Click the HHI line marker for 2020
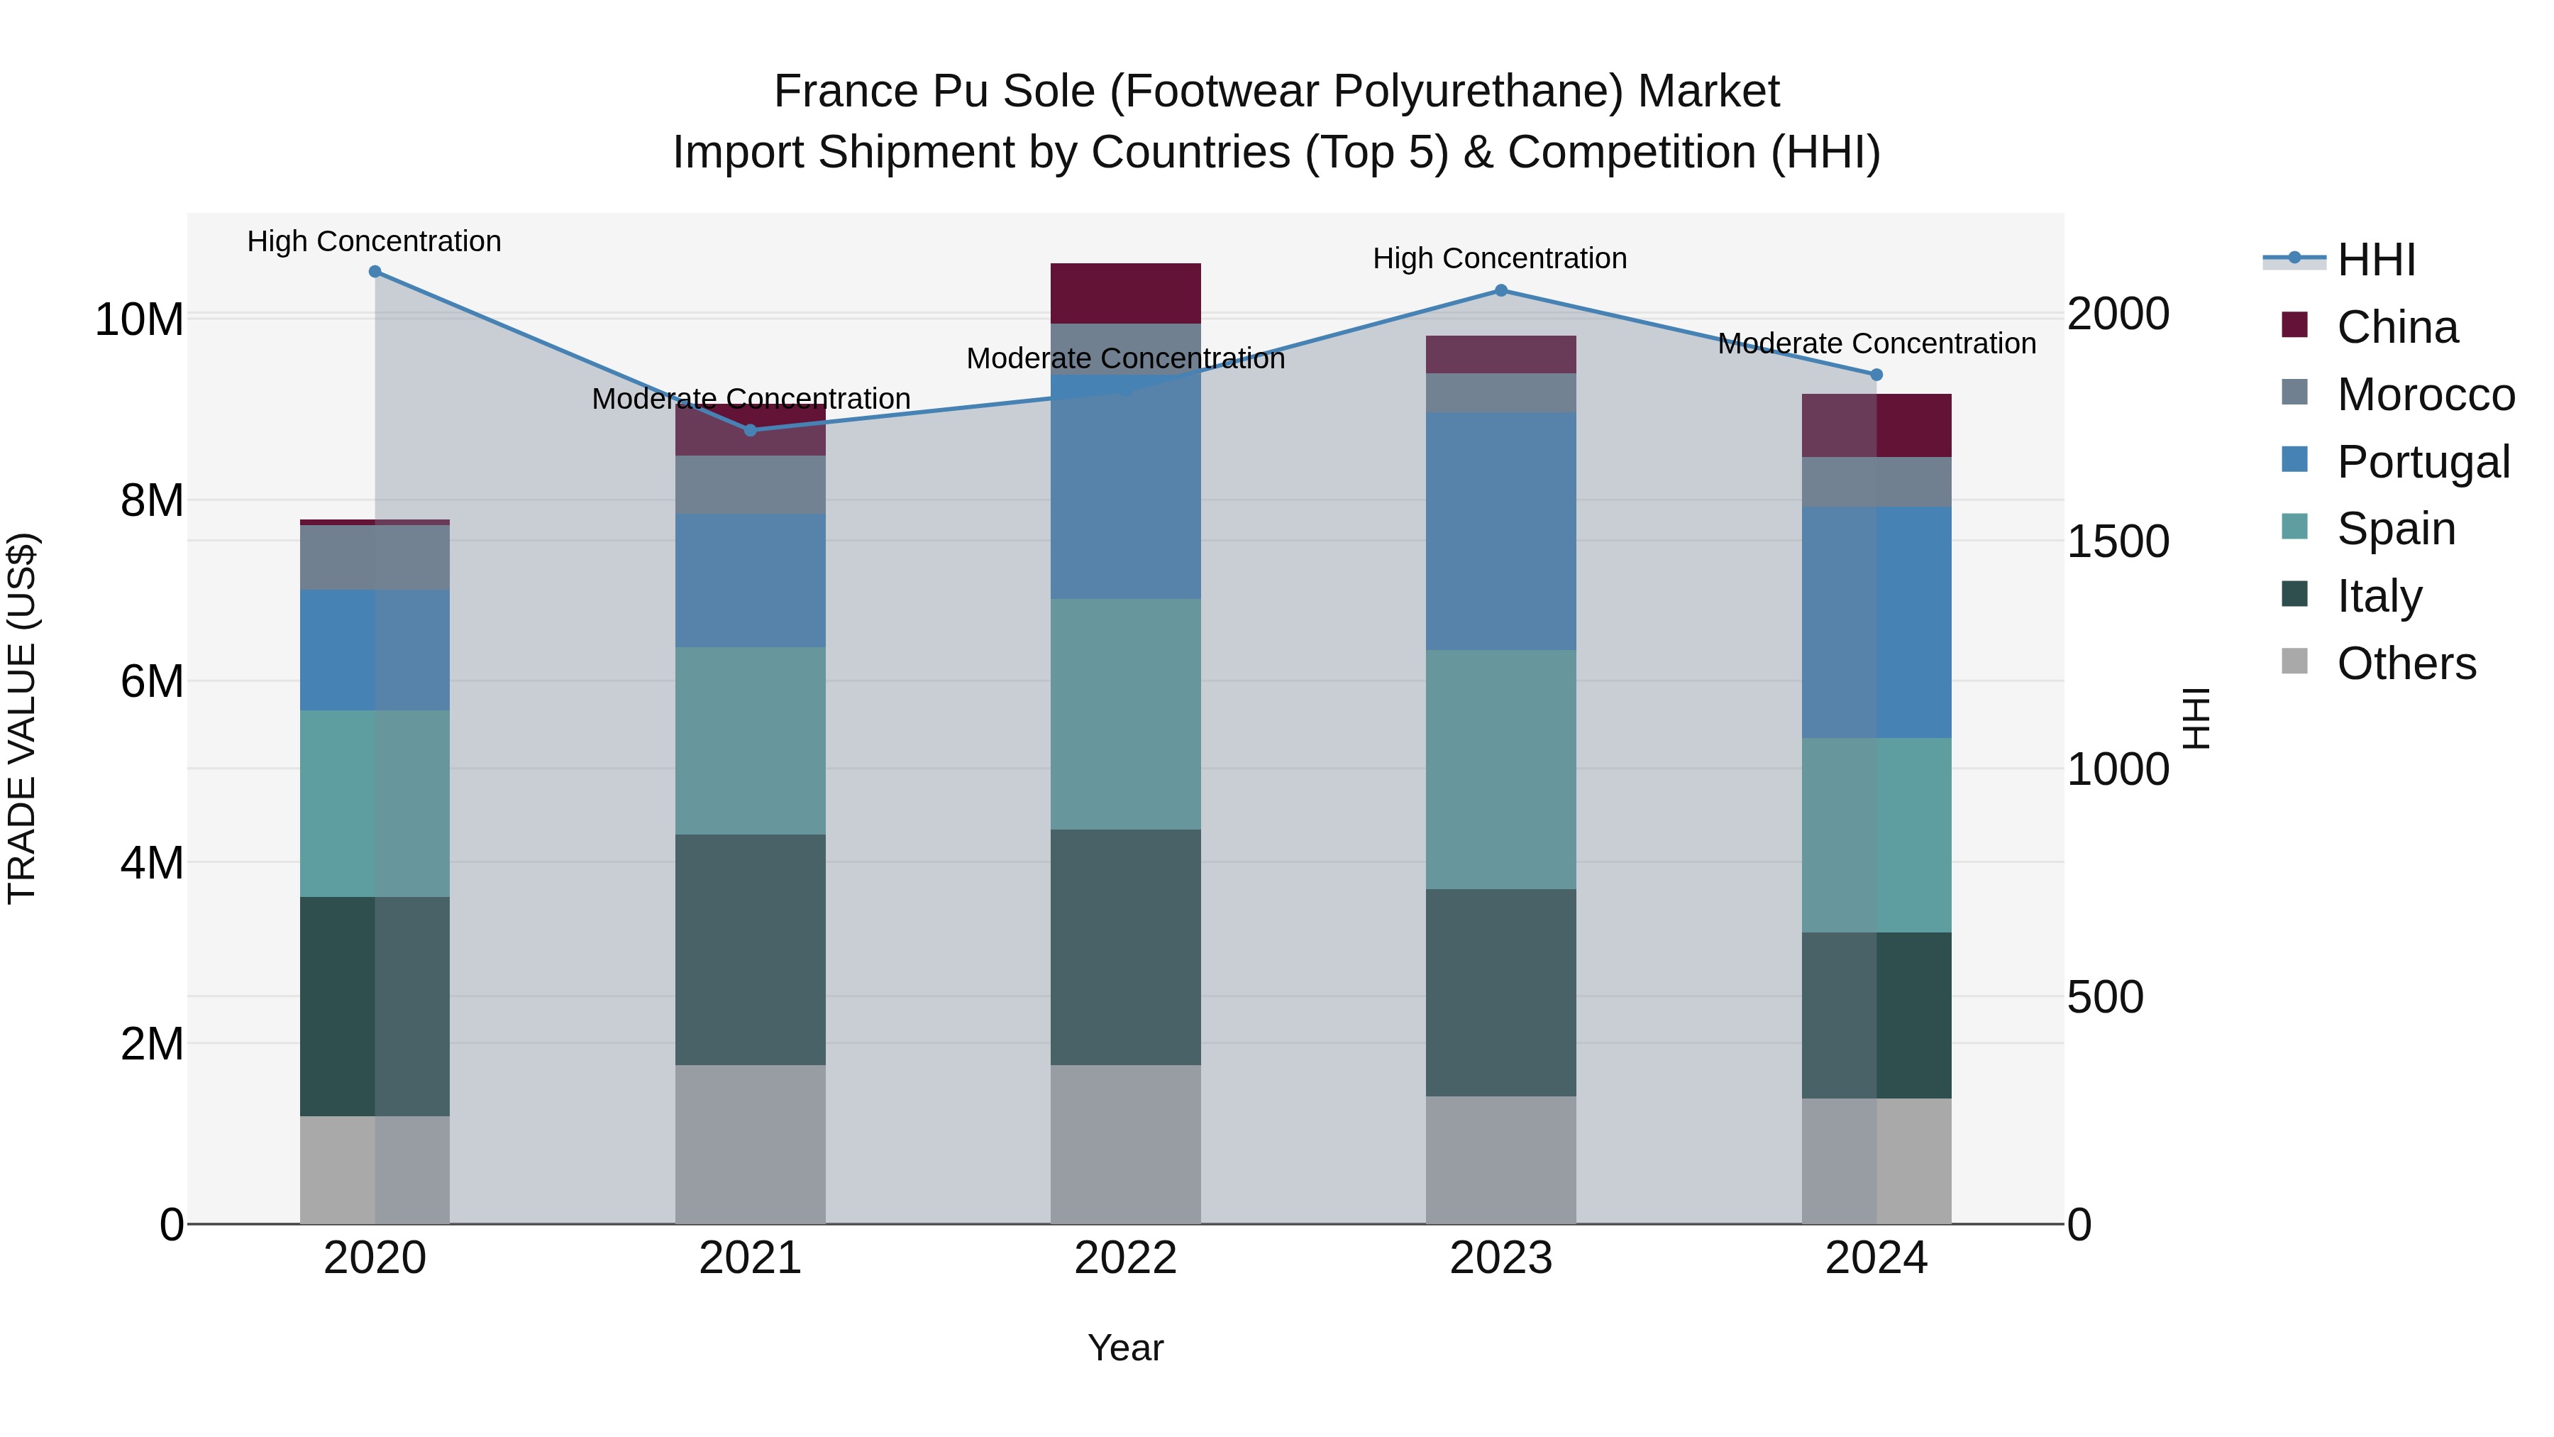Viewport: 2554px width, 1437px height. (x=375, y=272)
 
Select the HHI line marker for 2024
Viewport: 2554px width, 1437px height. (x=1876, y=375)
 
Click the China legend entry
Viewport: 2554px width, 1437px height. (x=2397, y=327)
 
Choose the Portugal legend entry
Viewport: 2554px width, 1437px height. (x=2423, y=462)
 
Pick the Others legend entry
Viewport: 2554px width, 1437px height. (x=2406, y=664)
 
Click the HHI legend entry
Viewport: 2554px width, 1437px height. (x=2375, y=260)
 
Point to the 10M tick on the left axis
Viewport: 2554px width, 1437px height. (x=139, y=320)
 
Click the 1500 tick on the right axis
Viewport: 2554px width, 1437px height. (x=2118, y=541)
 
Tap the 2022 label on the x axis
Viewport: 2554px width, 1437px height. (x=1125, y=1258)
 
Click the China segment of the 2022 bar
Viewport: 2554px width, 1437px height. (x=1125, y=294)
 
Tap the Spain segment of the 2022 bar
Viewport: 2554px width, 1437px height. (x=1125, y=714)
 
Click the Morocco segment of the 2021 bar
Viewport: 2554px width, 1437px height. (x=751, y=485)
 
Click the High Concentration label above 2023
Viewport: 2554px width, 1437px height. (x=1499, y=259)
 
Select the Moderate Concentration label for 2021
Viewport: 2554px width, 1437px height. (x=751, y=399)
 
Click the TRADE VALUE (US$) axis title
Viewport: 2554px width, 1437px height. (x=22, y=718)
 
